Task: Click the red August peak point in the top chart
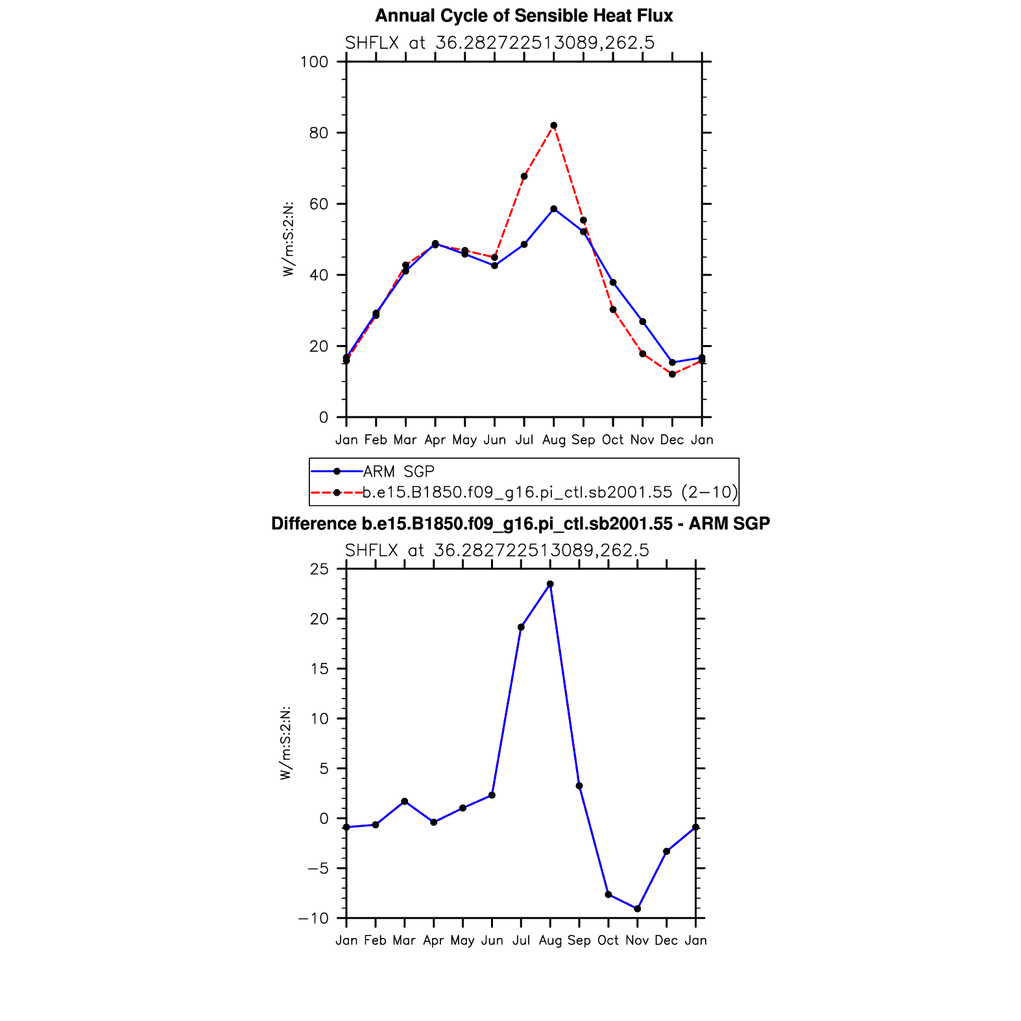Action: coord(553,126)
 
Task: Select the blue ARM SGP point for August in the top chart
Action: coord(553,209)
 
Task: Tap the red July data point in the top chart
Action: coord(524,176)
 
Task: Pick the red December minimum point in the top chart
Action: coord(672,374)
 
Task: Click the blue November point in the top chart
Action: coord(643,322)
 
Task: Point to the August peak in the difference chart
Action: coord(550,584)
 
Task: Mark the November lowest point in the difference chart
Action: coord(637,909)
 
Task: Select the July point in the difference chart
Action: coord(521,627)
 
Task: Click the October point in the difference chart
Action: coord(608,895)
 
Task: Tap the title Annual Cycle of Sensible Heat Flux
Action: coord(524,16)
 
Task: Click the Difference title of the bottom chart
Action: coord(520,524)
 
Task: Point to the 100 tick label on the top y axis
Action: coord(315,62)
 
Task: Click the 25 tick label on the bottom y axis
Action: coord(320,570)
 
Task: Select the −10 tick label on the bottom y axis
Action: coord(313,919)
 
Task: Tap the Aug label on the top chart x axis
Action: coord(553,440)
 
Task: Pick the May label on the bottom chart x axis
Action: coord(462,941)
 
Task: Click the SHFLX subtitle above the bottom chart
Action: coord(497,551)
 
